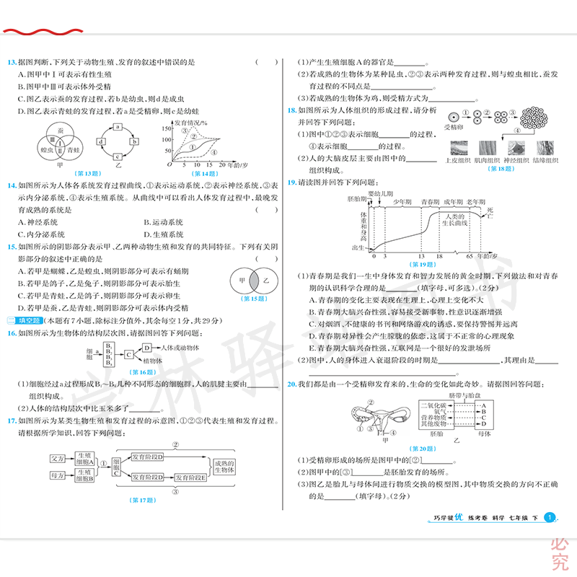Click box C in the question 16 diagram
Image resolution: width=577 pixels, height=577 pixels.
(128, 354)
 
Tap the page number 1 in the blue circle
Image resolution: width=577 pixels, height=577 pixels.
(550, 517)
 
